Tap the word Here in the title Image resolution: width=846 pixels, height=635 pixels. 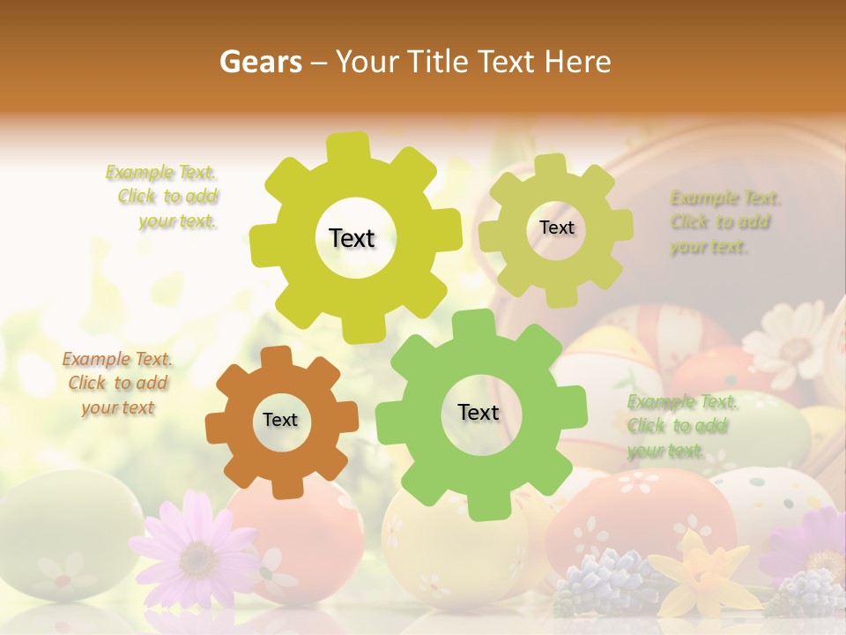point(577,62)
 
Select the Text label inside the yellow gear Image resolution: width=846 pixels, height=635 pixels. point(352,238)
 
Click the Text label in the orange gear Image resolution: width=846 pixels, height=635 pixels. point(280,421)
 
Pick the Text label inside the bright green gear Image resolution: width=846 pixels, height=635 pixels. point(479,413)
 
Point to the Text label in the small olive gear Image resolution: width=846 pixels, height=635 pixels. point(556,228)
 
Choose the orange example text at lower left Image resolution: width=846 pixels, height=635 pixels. point(117,383)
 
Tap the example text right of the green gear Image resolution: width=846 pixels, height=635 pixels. point(680,426)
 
